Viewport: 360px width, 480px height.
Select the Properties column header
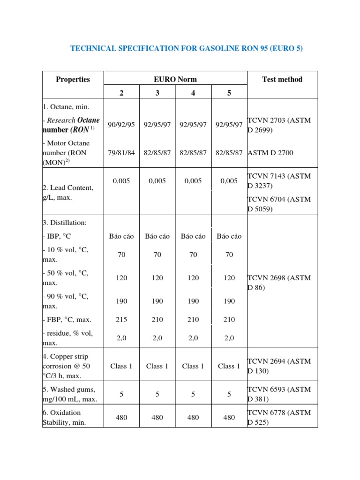pos(73,79)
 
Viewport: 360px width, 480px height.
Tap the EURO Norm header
pos(175,79)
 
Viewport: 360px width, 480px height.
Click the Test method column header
pos(282,79)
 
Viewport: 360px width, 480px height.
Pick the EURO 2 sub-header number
pos(121,93)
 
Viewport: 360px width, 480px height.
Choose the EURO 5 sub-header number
pos(229,93)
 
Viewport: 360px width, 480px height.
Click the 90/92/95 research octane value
pos(121,125)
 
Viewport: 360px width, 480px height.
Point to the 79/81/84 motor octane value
pos(121,152)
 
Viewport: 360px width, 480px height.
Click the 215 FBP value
pos(121,319)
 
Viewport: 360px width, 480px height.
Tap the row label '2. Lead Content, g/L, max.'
pos(68,193)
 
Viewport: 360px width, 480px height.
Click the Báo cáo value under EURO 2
pos(121,236)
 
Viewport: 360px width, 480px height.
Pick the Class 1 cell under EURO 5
pos(229,366)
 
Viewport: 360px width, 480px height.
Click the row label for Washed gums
pos(69,394)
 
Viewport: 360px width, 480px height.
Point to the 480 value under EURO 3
pos(157,417)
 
